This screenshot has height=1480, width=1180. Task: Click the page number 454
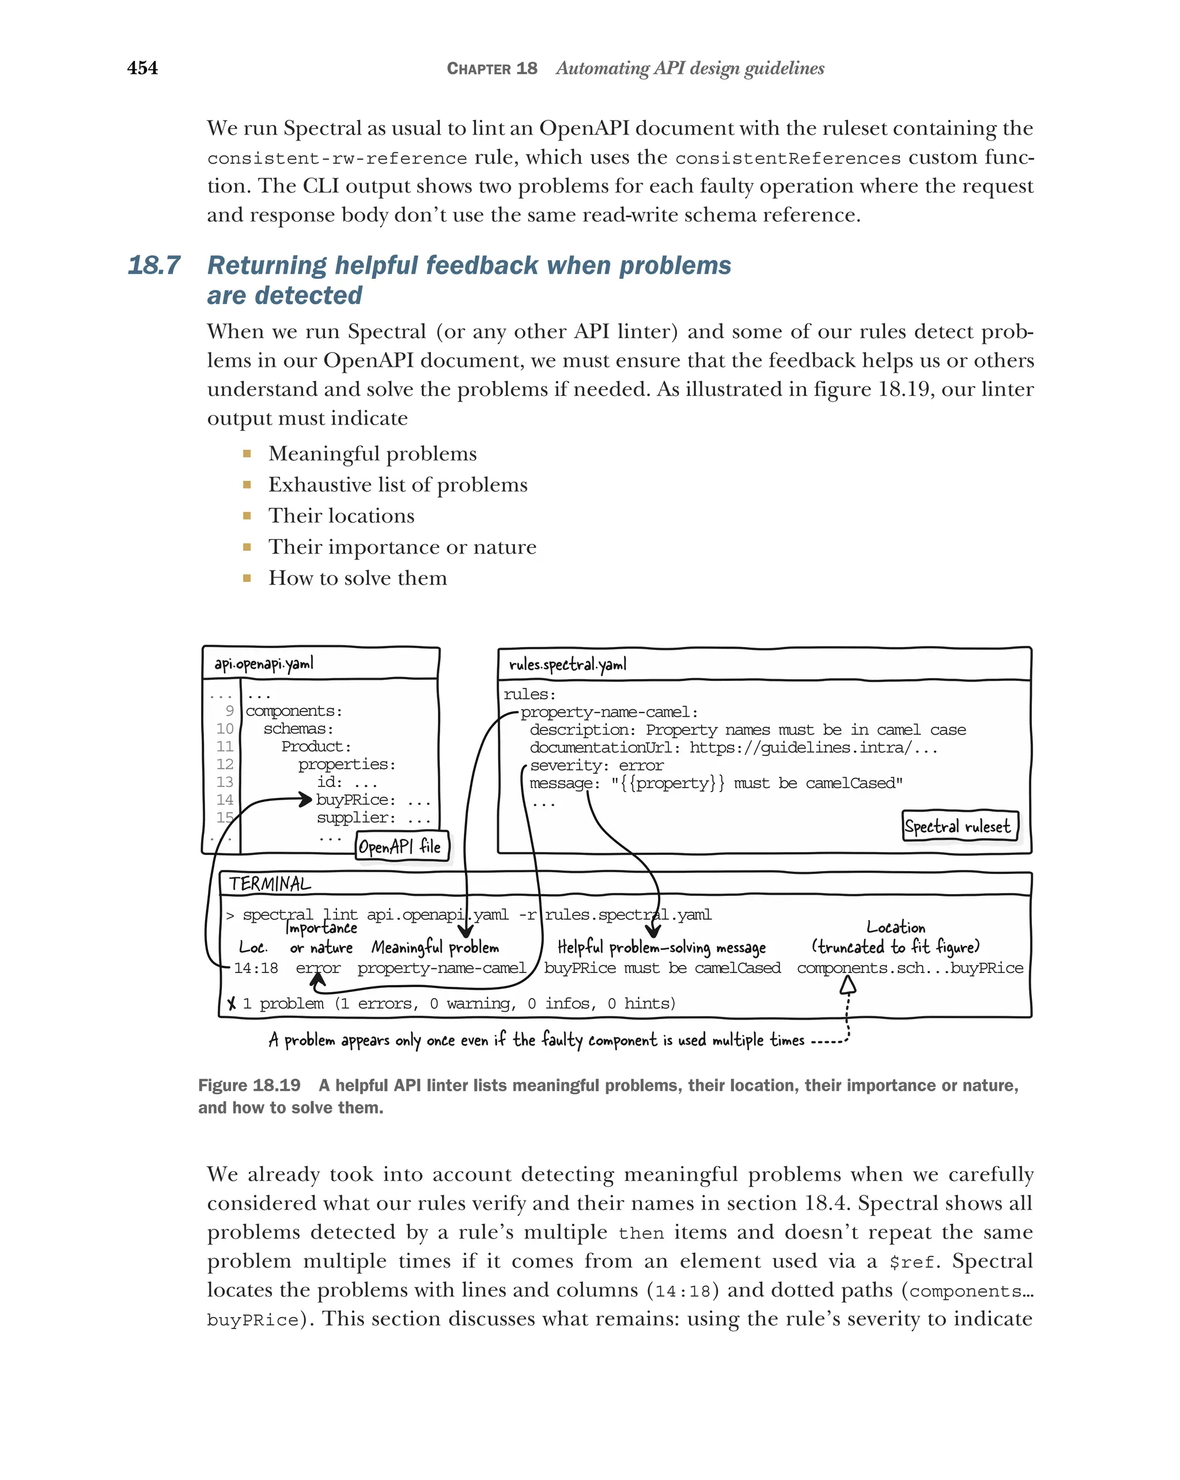[x=142, y=68]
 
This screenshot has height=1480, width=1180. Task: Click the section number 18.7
[x=154, y=266]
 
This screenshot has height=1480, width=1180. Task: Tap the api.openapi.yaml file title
[x=263, y=664]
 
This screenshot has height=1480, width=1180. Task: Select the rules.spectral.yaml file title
[x=567, y=664]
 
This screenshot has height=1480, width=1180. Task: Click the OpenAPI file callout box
[x=402, y=846]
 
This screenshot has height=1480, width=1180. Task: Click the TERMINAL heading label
[x=270, y=884]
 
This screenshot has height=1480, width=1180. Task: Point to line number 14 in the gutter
[x=225, y=800]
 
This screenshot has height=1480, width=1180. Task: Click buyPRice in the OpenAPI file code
[x=355, y=800]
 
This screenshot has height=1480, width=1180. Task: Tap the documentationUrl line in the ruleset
[x=732, y=748]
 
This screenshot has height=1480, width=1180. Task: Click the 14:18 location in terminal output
[x=255, y=968]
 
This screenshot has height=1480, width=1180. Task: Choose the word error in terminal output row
[x=318, y=968]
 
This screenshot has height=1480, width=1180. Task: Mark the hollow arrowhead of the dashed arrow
[x=849, y=985]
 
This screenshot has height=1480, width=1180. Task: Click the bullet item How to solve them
[x=357, y=578]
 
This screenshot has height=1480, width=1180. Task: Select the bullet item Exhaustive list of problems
[x=398, y=484]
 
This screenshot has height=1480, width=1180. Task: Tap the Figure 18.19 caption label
[x=249, y=1085]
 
